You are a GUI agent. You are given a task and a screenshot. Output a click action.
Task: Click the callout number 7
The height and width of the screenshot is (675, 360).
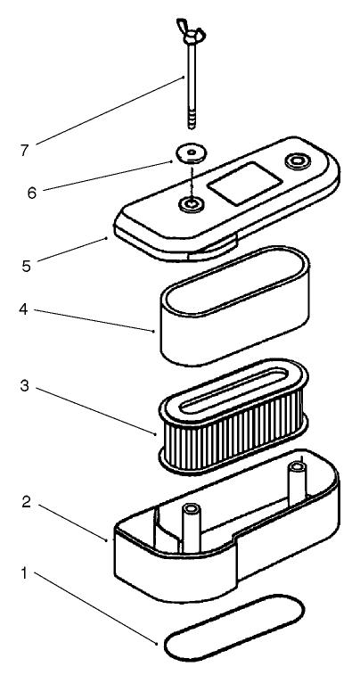(x=25, y=149)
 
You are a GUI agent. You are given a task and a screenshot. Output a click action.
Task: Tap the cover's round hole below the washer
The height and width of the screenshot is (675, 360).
(x=190, y=206)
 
